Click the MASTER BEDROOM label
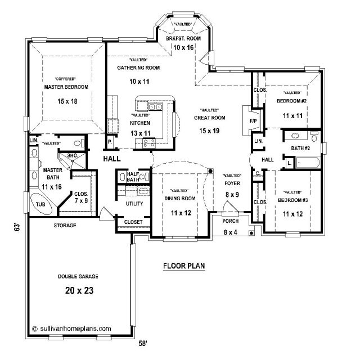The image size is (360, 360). pyautogui.click(x=66, y=87)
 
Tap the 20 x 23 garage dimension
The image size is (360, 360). pyautogui.click(x=79, y=291)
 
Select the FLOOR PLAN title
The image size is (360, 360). pyautogui.click(x=184, y=266)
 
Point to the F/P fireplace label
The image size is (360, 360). pyautogui.click(x=253, y=121)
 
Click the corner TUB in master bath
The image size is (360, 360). pyautogui.click(x=41, y=204)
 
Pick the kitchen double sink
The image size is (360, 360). pyautogui.click(x=155, y=107)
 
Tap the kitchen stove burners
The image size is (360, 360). pyautogui.click(x=148, y=143)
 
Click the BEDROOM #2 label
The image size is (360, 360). pyautogui.click(x=291, y=101)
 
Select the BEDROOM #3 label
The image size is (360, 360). pyautogui.click(x=292, y=200)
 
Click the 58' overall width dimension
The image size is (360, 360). pyautogui.click(x=142, y=344)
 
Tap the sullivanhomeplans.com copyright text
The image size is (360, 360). pyautogui.click(x=71, y=328)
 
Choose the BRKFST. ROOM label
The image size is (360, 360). pyautogui.click(x=183, y=38)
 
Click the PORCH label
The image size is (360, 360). pyautogui.click(x=231, y=221)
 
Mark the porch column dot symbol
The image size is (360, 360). pyautogui.click(x=251, y=233)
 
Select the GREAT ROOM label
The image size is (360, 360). pyautogui.click(x=210, y=118)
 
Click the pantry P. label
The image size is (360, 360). pyautogui.click(x=110, y=142)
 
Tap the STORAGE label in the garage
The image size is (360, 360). pyautogui.click(x=65, y=226)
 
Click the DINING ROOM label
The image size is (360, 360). pyautogui.click(x=180, y=199)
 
